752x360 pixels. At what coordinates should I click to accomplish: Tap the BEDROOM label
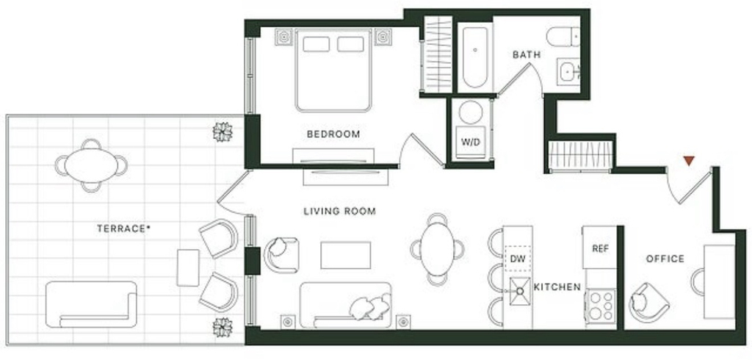click(333, 134)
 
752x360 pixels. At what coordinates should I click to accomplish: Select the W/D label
click(471, 143)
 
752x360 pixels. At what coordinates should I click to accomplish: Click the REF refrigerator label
click(601, 248)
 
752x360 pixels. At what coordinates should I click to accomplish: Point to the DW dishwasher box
click(518, 259)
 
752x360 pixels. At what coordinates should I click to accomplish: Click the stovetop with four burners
click(601, 306)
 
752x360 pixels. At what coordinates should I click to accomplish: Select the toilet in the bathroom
click(563, 37)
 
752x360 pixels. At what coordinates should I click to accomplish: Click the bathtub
click(475, 57)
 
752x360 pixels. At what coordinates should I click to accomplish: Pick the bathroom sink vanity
click(568, 72)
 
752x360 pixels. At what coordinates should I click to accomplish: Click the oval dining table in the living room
click(437, 250)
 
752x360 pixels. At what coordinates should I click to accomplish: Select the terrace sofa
click(91, 304)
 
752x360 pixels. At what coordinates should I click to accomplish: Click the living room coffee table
click(346, 256)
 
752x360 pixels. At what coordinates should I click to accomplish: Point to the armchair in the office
click(648, 303)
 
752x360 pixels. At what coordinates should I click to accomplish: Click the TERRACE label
click(123, 229)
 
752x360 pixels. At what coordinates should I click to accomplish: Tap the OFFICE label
click(665, 259)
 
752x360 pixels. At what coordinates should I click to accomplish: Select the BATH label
click(527, 54)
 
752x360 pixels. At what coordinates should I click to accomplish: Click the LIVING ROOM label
click(339, 211)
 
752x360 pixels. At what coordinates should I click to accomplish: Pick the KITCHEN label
click(557, 287)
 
